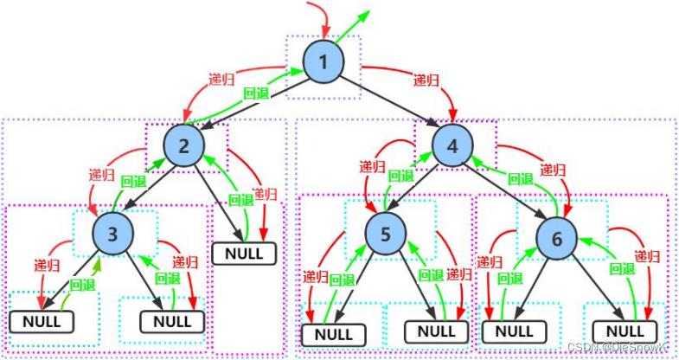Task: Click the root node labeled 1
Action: [x=323, y=62]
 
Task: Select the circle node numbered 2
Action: [x=184, y=146]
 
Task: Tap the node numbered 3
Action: [x=112, y=234]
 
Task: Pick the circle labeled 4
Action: [x=452, y=146]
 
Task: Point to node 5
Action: [x=386, y=234]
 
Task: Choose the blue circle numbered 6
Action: [x=557, y=239]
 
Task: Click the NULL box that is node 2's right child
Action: [x=244, y=254]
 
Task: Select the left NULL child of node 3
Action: [x=42, y=321]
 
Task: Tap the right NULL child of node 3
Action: [x=172, y=321]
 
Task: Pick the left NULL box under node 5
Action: [x=333, y=335]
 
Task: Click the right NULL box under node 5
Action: [x=437, y=331]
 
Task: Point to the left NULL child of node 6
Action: [x=515, y=331]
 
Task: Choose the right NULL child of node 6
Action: [x=625, y=331]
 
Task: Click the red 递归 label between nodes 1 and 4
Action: [x=426, y=80]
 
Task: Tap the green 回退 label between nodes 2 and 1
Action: [x=256, y=93]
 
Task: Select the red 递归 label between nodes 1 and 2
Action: [x=221, y=80]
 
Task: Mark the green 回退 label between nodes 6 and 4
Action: [x=520, y=178]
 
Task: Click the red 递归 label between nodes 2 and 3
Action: [x=102, y=175]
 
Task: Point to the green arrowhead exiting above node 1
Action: [x=365, y=15]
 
